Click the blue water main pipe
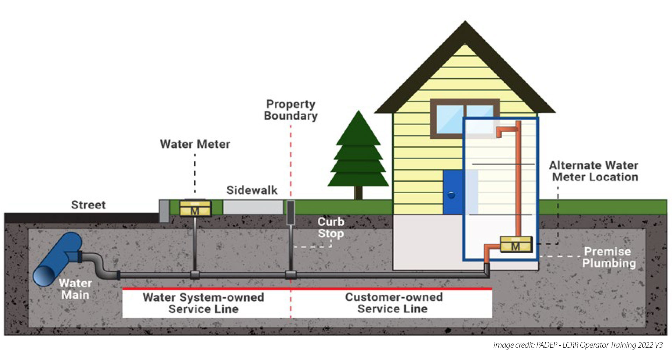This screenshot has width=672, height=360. pos(58,259)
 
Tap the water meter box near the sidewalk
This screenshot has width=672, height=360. pos(195,208)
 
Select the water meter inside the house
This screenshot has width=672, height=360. pos(516,244)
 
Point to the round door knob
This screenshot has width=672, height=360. pos(451,195)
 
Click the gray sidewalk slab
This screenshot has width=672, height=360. pos(253,207)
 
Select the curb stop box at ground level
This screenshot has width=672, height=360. pos(290,212)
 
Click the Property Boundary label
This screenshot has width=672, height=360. pos(290,110)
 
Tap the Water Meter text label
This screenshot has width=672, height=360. pos(195,144)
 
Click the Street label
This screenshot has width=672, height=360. pos(88,205)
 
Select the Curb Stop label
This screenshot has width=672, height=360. pos(331,228)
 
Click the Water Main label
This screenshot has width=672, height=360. pos(75,289)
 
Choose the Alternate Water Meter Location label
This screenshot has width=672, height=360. pos(594,171)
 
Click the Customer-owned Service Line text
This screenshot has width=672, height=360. pos(393,303)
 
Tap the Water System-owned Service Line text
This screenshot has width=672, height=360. pos(203,303)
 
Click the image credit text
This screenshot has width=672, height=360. pos(578,345)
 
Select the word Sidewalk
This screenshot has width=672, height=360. pos(252,190)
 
